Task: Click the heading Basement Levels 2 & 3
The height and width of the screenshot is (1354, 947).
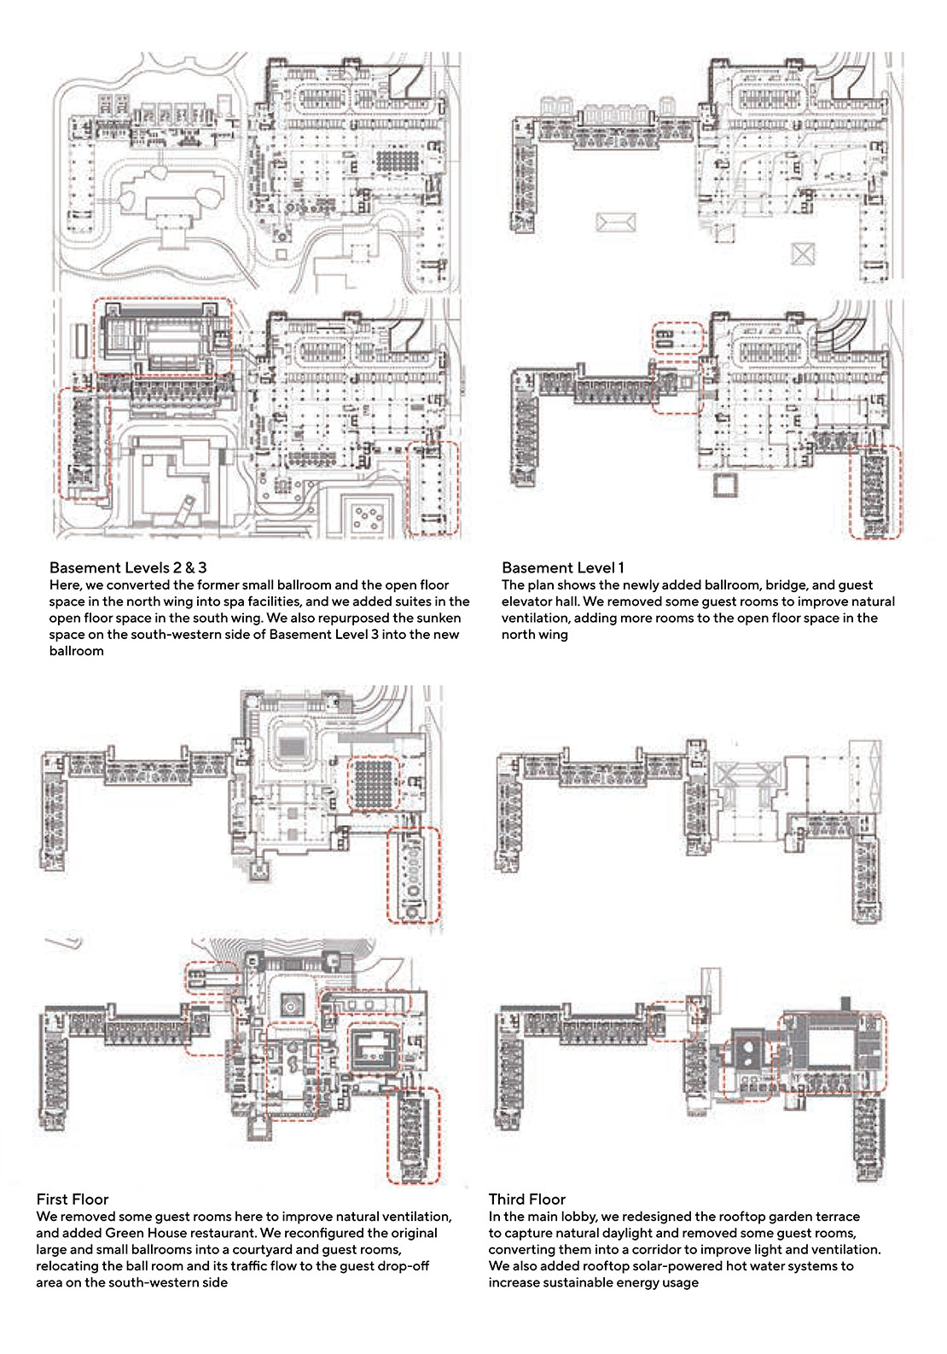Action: [x=127, y=567]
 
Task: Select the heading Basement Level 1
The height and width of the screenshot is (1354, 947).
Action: [x=562, y=567]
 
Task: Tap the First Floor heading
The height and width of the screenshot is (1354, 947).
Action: [x=73, y=1200]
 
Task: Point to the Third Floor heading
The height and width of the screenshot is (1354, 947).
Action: [x=527, y=1200]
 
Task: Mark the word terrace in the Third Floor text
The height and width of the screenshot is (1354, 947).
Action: [x=839, y=1216]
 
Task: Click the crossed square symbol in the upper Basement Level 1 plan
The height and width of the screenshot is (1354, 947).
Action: [x=803, y=254]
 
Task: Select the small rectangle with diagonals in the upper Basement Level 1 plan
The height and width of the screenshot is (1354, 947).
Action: [x=616, y=222]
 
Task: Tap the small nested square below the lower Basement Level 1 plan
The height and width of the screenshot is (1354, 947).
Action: [x=726, y=485]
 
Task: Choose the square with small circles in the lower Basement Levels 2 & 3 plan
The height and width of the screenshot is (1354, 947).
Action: [x=368, y=518]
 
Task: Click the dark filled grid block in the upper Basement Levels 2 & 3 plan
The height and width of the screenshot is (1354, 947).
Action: [x=398, y=160]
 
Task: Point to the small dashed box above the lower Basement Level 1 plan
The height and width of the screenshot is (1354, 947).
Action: [x=678, y=339]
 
